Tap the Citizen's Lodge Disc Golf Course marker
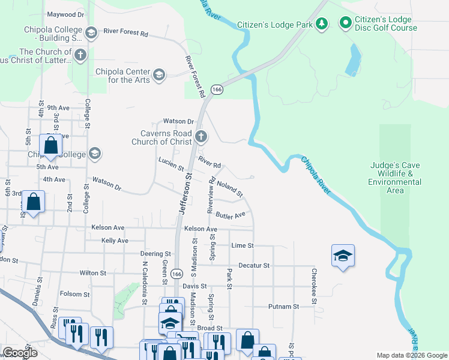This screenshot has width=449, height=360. click(x=346, y=23)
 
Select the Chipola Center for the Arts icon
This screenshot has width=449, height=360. click(x=158, y=74)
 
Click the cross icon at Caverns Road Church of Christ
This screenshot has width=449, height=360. click(x=200, y=138)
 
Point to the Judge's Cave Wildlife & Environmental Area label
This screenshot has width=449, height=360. click(x=394, y=174)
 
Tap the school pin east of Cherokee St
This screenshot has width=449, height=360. click(x=343, y=256)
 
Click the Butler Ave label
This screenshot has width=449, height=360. click(x=231, y=215)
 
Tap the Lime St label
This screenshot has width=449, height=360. click(x=243, y=245)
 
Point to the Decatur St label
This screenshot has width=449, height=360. click(x=254, y=265)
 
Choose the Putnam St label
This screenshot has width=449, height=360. click(x=283, y=307)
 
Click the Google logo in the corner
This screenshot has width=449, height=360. click(x=20, y=353)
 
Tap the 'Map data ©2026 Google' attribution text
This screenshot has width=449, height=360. click(x=411, y=355)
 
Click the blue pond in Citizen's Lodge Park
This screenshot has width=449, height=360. click(x=354, y=61)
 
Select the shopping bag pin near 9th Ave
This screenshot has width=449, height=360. click(x=50, y=146)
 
